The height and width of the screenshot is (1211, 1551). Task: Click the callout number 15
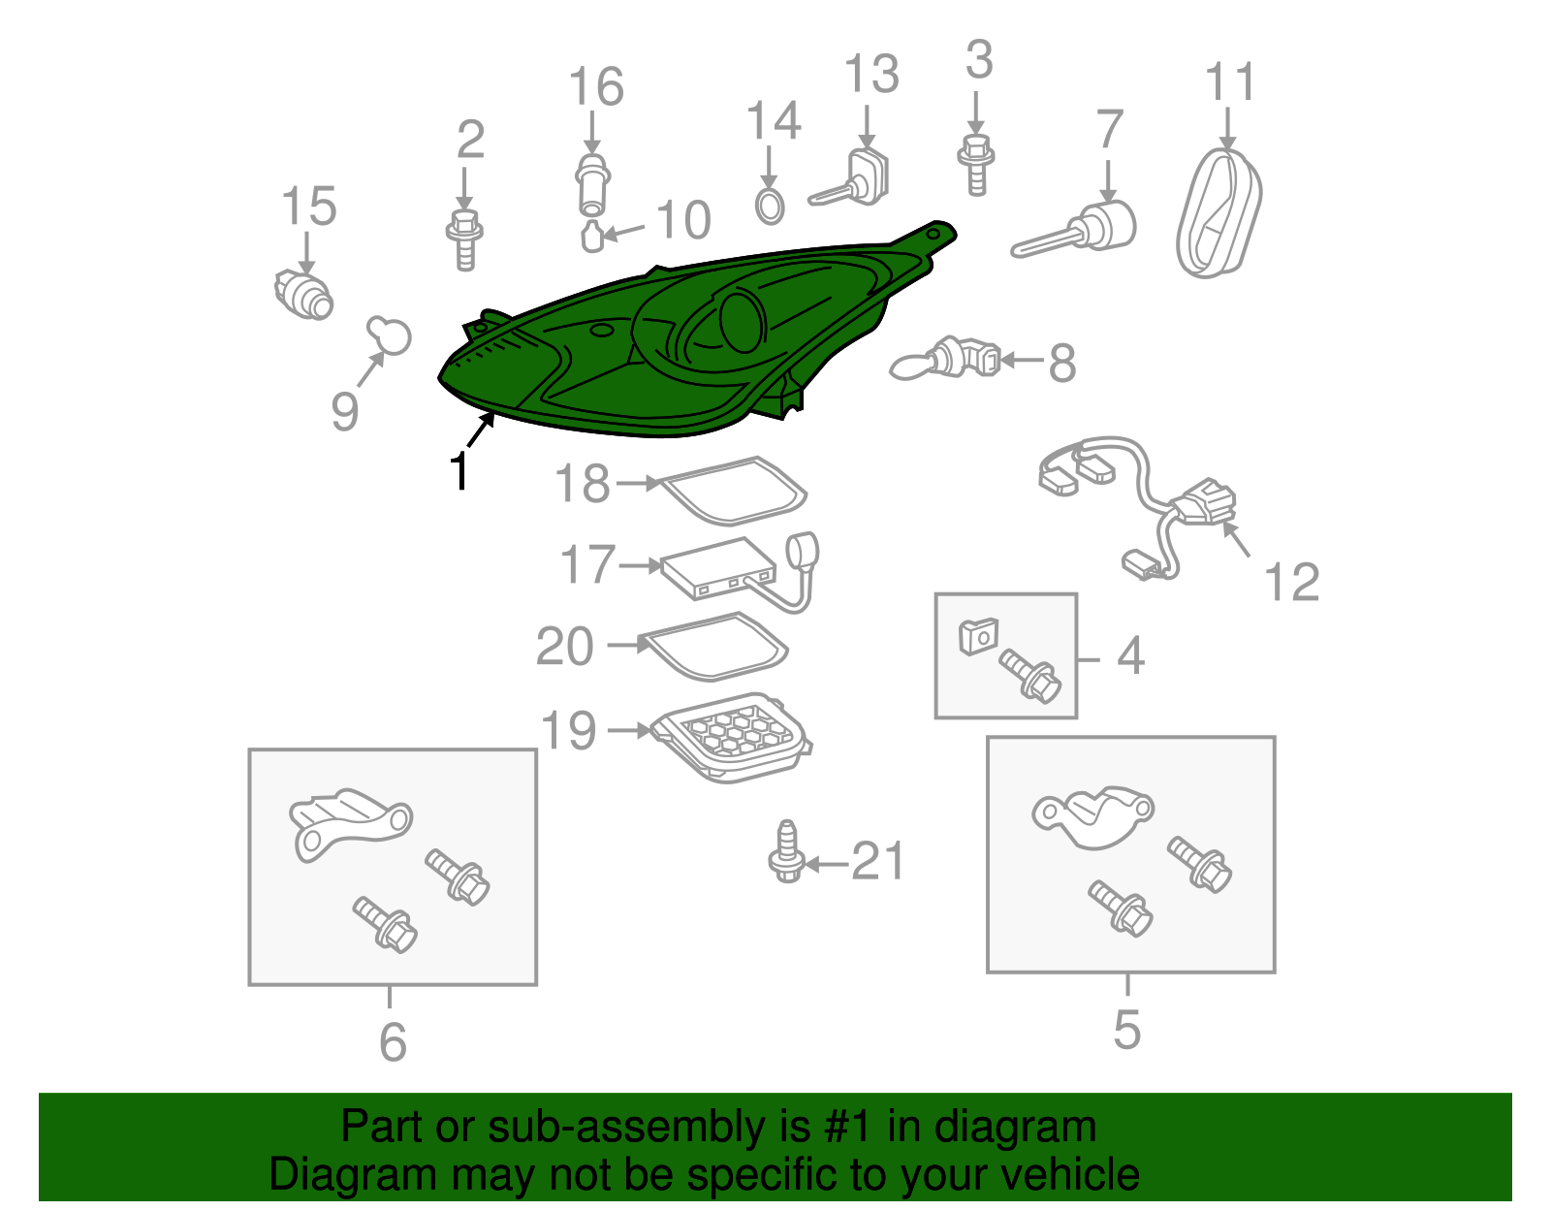tap(308, 207)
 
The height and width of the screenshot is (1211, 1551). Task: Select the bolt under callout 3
tap(976, 165)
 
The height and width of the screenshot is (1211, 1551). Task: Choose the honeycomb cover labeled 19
tap(732, 738)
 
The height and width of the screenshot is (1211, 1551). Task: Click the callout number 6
tap(393, 1042)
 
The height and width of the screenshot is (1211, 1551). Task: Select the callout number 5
tap(1127, 1029)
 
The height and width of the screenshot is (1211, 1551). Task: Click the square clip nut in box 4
tap(978, 636)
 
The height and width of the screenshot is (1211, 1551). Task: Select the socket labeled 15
tap(303, 295)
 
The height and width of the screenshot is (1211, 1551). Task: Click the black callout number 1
tap(459, 470)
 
